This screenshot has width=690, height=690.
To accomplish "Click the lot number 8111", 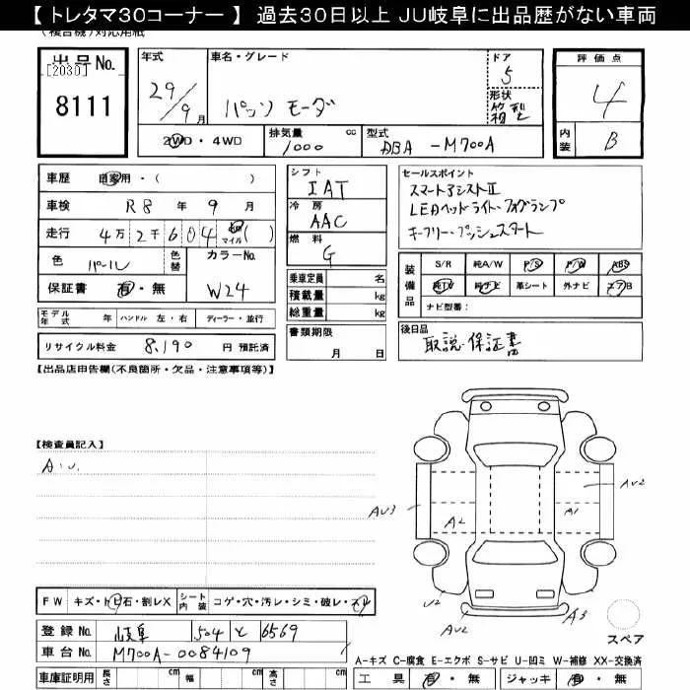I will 83,105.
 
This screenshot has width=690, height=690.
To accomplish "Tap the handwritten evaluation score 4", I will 610,98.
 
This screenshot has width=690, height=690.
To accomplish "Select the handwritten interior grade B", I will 611,142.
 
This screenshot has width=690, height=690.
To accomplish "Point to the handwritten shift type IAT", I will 328,187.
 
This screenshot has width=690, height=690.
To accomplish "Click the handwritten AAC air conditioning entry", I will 328,222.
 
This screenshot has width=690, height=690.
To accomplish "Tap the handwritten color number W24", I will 229,290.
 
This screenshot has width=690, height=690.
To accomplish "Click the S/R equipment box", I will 444,264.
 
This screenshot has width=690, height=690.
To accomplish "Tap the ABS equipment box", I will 619,264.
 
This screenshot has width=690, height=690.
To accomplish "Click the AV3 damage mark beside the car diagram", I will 382,511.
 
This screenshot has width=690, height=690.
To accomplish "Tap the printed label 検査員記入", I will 70,445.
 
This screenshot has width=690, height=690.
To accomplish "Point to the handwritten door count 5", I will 508,72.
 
